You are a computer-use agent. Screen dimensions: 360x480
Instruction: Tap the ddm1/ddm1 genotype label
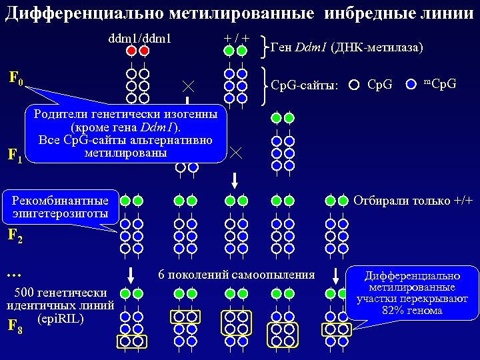139,38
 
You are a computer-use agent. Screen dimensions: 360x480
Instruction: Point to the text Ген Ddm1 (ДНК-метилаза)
347,47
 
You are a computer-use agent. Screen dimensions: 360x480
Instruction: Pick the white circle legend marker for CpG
355,85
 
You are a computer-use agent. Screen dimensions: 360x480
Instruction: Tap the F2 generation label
15,235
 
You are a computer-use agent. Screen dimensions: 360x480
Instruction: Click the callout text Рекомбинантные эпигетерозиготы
60,207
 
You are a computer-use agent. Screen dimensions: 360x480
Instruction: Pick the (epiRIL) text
61,318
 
